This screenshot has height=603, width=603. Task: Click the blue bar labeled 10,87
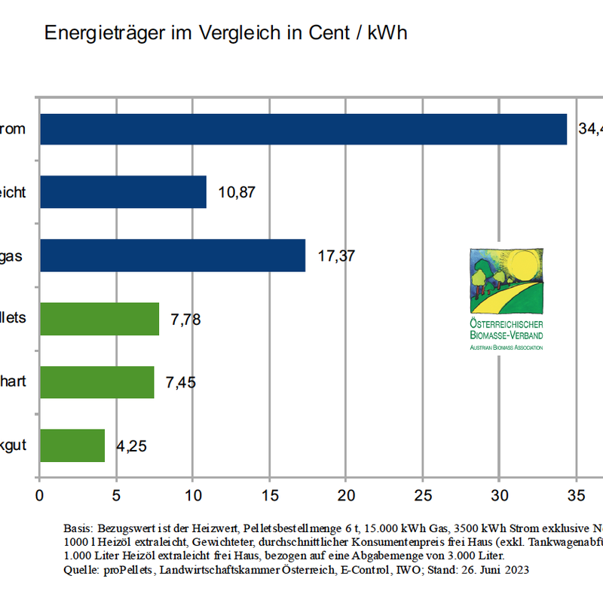coord(123,192)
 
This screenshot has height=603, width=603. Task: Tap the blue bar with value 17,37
coord(173,256)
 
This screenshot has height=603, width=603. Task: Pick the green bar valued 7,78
coord(99,319)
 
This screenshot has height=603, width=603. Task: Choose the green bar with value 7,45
coord(97,382)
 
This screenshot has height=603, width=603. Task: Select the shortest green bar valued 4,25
coord(72,445)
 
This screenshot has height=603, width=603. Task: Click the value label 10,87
coord(237,192)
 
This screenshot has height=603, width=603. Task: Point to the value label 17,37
coord(336,256)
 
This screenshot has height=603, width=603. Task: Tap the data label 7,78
coord(186,320)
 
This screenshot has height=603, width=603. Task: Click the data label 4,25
coord(131,446)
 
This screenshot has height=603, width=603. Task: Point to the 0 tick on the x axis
coord(39,496)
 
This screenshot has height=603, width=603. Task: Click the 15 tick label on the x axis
coord(269,496)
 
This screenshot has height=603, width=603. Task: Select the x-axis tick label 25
coord(422,496)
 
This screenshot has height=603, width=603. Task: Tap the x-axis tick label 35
coord(576,496)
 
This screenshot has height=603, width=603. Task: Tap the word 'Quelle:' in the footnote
coord(81,571)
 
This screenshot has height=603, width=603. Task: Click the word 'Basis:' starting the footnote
coord(80,529)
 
